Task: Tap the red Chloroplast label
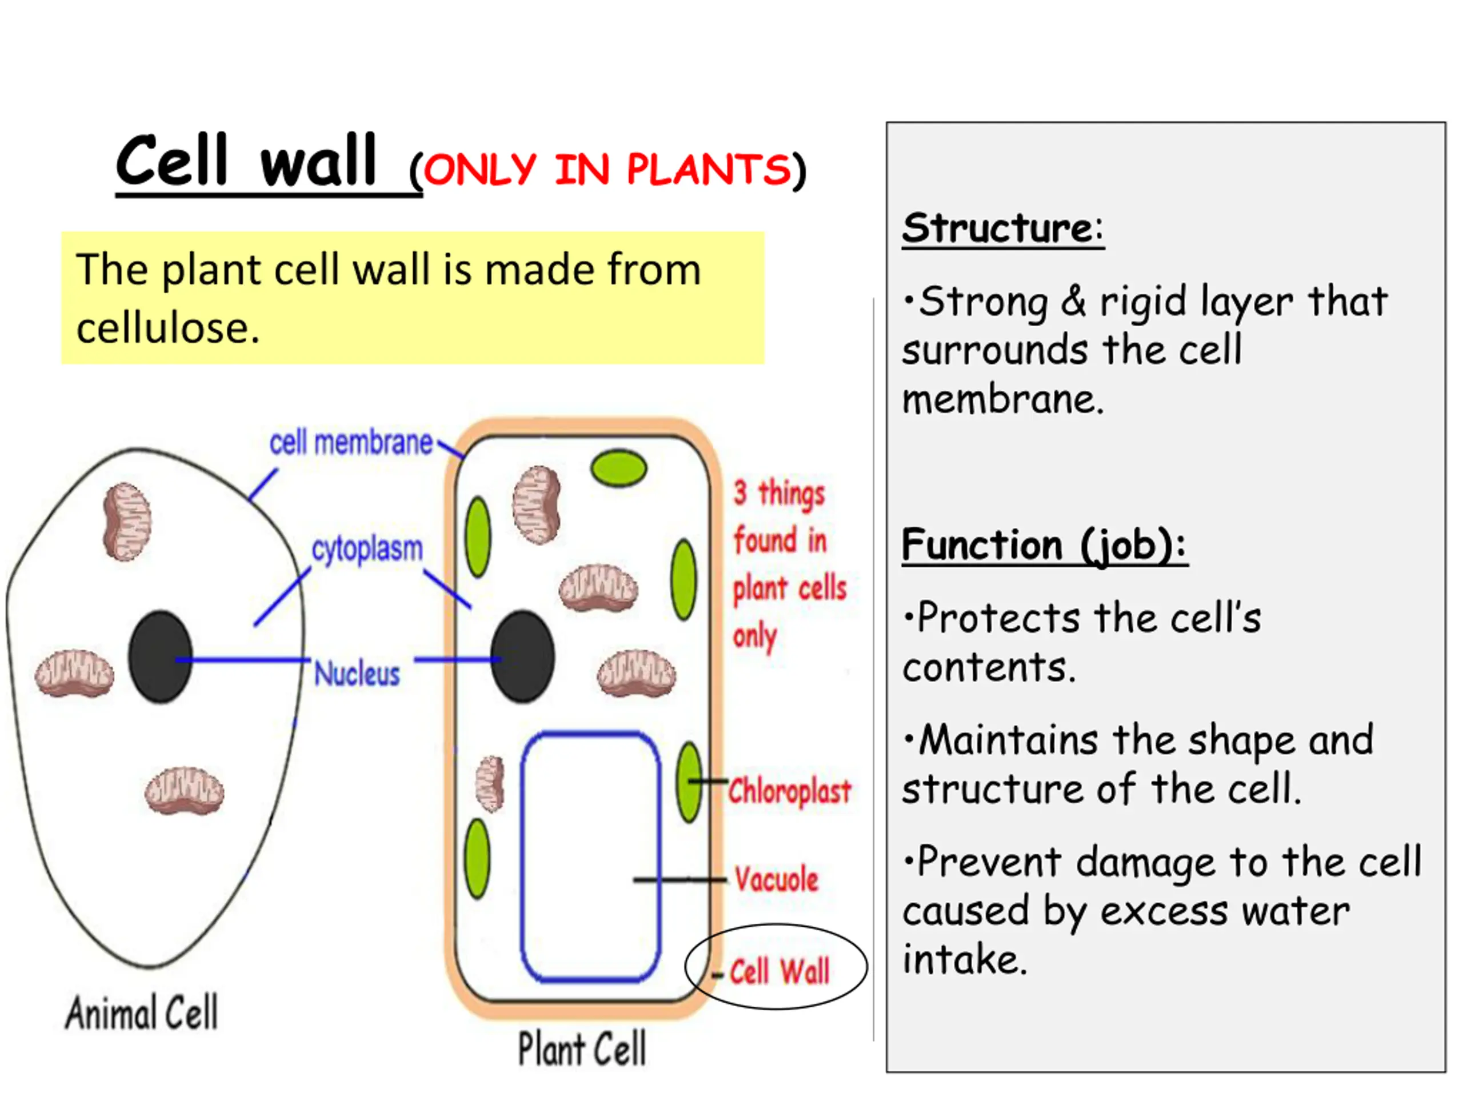pyautogui.click(x=789, y=791)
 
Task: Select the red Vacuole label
pyautogui.click(x=777, y=879)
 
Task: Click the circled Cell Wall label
pyautogui.click(x=779, y=971)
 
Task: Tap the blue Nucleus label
pyautogui.click(x=357, y=674)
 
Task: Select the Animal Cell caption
pyautogui.click(x=141, y=1012)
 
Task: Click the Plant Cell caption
pyautogui.click(x=581, y=1049)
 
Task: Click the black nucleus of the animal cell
pyautogui.click(x=160, y=656)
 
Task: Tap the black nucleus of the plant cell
pyautogui.click(x=522, y=656)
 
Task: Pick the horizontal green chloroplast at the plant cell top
pyautogui.click(x=618, y=468)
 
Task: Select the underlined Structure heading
pyautogui.click(x=1003, y=228)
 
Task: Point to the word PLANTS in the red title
pyautogui.click(x=708, y=169)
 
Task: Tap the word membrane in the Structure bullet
pyautogui.click(x=1003, y=399)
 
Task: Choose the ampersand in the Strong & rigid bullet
pyautogui.click(x=1073, y=301)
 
